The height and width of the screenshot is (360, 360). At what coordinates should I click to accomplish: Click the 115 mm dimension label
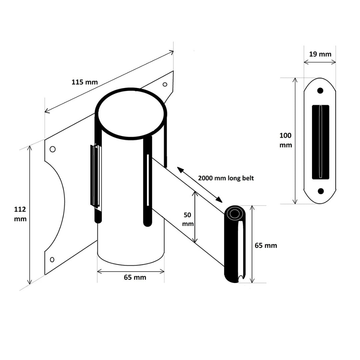pos(85,82)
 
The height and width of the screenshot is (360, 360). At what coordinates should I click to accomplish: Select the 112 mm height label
pos(20,214)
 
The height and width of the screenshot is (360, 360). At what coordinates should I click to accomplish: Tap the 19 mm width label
pos(320,54)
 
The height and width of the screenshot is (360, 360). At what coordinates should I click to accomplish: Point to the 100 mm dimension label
pos(286,140)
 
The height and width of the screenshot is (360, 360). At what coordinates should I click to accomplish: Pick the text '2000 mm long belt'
pos(226,178)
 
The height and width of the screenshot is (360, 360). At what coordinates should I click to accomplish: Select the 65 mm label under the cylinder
pos(135,277)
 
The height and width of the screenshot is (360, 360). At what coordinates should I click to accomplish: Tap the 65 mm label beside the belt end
pos(266,245)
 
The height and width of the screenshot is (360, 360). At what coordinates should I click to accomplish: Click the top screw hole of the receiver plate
pos(320,90)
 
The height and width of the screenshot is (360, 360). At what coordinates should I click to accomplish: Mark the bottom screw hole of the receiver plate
pos(321,191)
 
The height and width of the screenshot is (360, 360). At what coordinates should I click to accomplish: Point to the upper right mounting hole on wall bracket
pos(165,84)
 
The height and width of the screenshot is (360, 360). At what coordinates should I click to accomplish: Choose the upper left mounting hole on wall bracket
pos(52,149)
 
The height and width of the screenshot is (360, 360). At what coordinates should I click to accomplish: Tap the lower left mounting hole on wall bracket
pos(52,259)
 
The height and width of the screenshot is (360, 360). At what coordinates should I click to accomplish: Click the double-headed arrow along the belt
pos(199,184)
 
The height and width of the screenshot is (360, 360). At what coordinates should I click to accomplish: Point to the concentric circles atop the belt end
pos(235,214)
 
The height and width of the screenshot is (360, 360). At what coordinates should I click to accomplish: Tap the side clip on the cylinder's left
pos(95,177)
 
